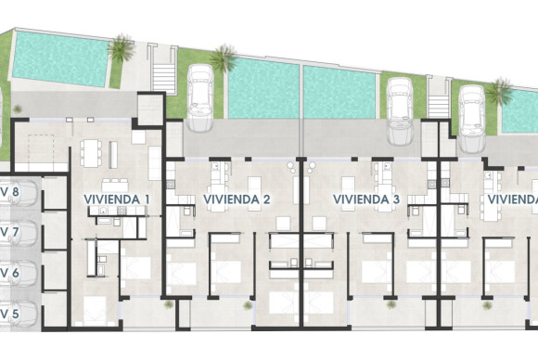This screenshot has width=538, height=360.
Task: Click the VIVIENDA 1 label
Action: [117, 199]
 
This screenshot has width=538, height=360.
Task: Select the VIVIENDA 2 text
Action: [237, 199]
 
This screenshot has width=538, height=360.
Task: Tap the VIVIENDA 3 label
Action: [365, 199]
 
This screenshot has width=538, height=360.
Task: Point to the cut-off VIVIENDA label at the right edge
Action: [512, 199]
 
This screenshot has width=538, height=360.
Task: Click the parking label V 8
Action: [8, 192]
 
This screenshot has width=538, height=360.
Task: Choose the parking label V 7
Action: [8, 232]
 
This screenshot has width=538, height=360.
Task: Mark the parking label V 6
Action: [8, 273]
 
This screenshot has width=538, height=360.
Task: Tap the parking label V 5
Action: [8, 314]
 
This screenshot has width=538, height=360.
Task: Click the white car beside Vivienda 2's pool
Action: [199, 96]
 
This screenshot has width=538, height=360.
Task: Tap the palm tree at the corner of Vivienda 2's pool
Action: [222, 59]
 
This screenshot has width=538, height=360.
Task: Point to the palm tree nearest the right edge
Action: [501, 90]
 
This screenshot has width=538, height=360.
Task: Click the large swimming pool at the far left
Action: [60, 57]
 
